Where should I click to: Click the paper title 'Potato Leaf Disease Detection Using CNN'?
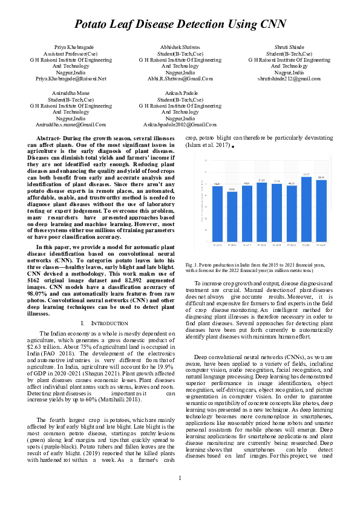180,24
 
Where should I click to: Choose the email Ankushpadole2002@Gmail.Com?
180,124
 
